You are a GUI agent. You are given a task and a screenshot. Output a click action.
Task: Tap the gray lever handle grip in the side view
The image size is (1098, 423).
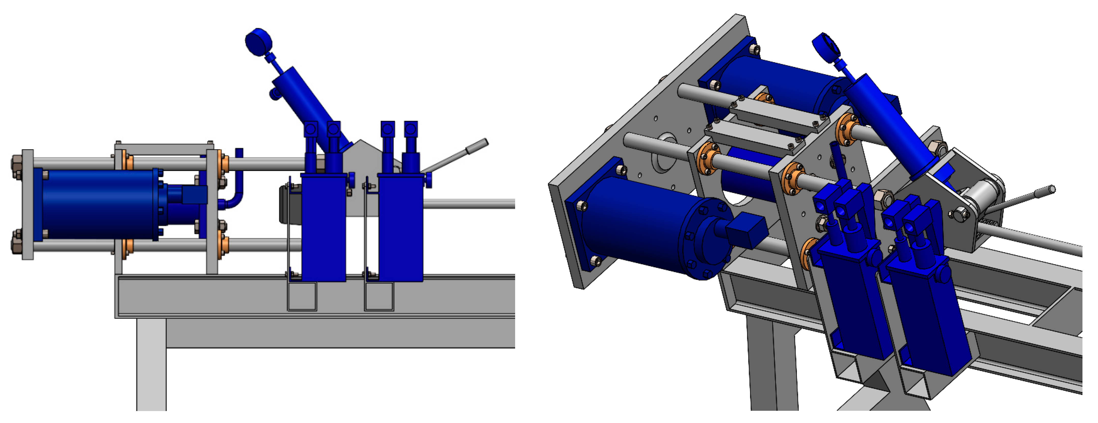[x=477, y=146]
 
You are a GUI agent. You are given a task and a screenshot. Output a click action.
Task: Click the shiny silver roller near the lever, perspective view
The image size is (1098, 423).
[x=980, y=194]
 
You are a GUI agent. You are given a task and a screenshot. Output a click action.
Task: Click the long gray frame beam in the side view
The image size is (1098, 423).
[x=315, y=296]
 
